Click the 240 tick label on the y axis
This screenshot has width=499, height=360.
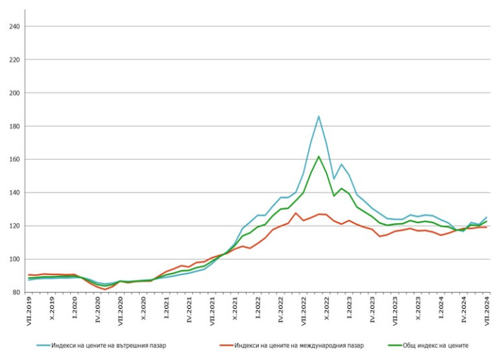[x=14, y=26]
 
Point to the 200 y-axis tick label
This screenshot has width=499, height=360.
[x=14, y=93]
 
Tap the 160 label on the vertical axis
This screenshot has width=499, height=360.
[x=14, y=159]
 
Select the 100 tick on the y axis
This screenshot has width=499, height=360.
[x=14, y=259]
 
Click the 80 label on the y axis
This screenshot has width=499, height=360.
[x=16, y=292]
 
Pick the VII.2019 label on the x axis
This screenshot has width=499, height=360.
[x=29, y=311]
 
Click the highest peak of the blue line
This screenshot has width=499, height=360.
[x=319, y=116]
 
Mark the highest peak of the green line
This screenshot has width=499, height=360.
[x=319, y=156]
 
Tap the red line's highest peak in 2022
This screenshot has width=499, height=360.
[x=296, y=213]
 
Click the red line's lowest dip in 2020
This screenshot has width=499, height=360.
[x=105, y=289]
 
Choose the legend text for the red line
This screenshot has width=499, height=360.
[x=299, y=345]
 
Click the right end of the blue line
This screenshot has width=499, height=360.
[x=486, y=217]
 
